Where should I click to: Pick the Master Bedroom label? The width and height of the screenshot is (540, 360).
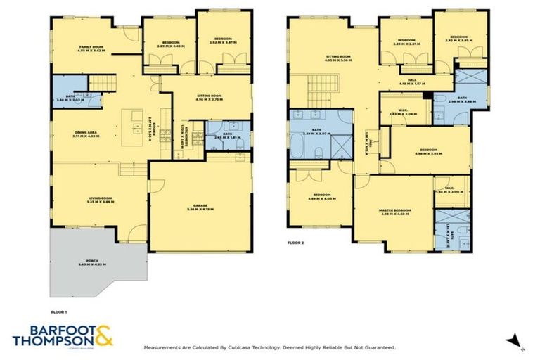[393, 210]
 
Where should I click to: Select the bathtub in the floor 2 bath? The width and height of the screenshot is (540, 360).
[300, 148]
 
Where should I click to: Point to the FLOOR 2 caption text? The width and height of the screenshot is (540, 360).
[297, 242]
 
